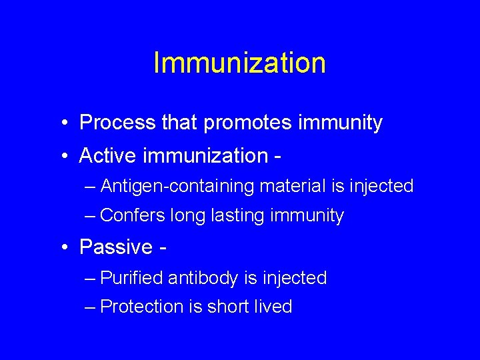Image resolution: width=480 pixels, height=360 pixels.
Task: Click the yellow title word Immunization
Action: [239, 63]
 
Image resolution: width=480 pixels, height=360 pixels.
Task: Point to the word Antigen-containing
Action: [177, 186]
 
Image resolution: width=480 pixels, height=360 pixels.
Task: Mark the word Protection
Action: [142, 307]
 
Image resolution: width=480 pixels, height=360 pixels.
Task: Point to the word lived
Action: [275, 307]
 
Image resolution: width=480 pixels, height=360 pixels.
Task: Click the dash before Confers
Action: [91, 216]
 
